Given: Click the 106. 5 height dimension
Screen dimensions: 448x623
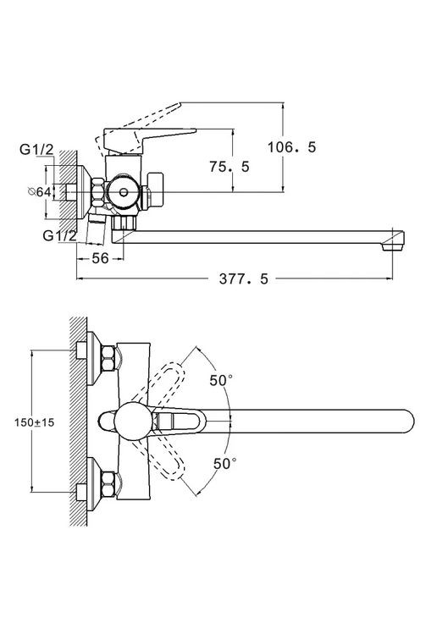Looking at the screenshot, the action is (x=291, y=147).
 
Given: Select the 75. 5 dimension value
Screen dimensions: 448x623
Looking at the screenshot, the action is (x=230, y=167).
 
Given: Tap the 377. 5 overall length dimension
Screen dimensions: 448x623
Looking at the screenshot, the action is (x=244, y=279).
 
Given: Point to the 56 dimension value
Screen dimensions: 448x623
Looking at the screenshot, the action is (x=100, y=258).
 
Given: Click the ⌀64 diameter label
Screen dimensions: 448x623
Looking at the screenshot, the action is (x=39, y=192).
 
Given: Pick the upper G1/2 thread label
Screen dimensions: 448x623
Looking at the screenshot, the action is (x=36, y=149).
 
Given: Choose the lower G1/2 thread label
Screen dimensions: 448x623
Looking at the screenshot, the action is (x=59, y=235).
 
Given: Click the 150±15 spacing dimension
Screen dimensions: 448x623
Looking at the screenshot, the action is (x=34, y=422).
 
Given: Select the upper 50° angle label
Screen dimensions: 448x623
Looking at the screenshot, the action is (x=221, y=380).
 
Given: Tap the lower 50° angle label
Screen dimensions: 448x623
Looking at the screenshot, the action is (x=224, y=463).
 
